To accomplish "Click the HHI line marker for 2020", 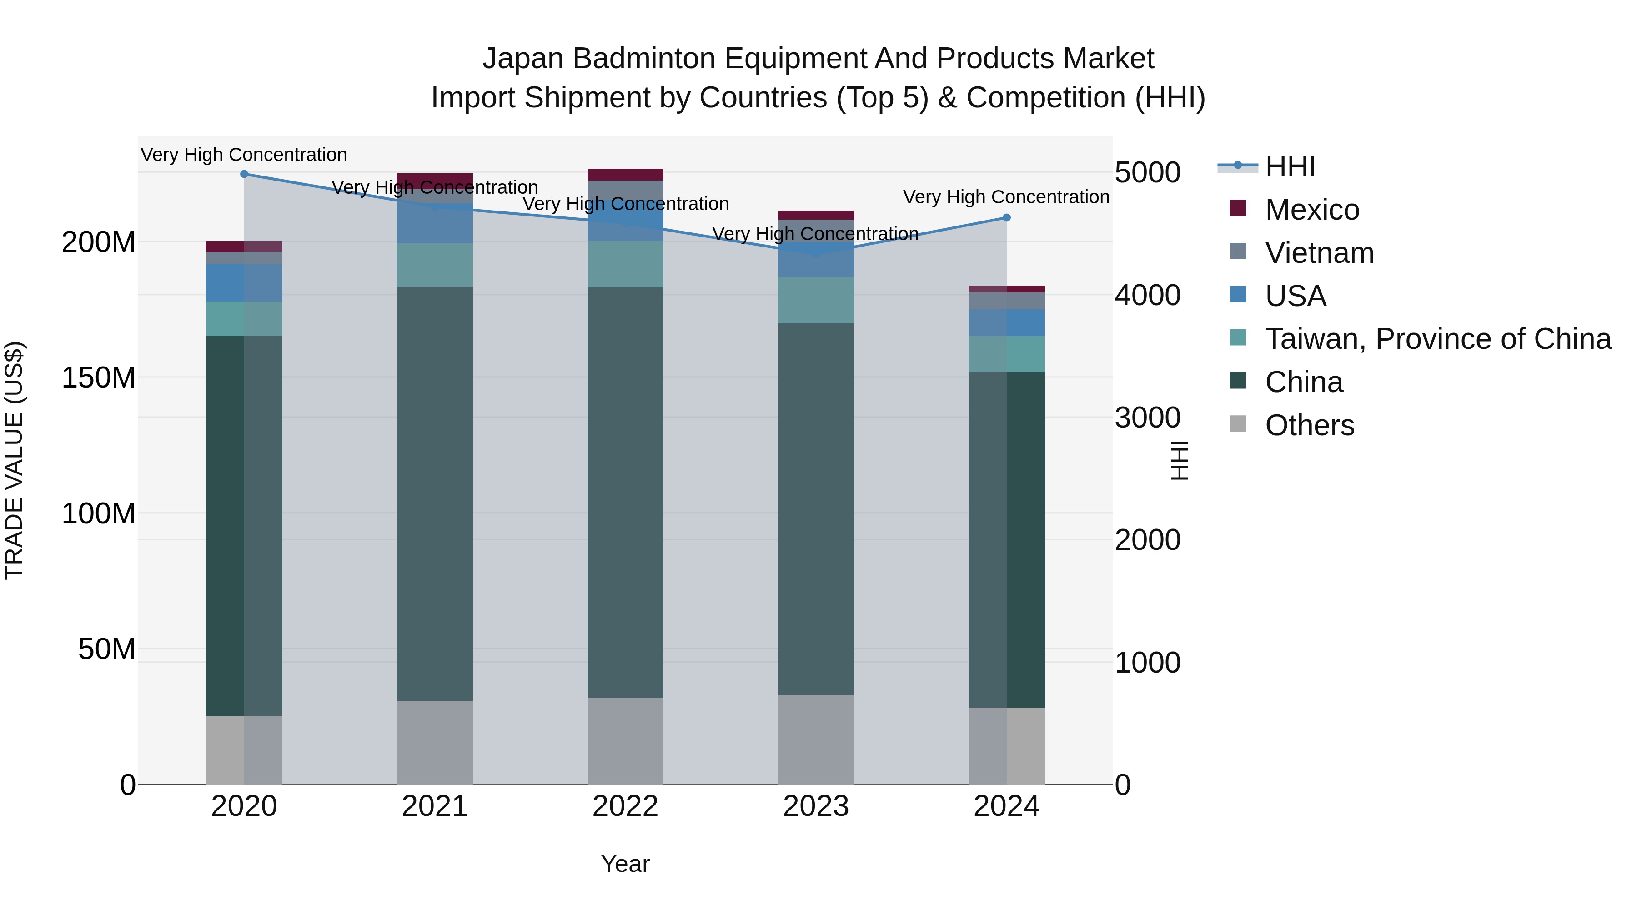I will tap(244, 174).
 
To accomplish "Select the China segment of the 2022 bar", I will tap(625, 493).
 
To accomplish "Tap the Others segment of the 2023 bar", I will tap(816, 739).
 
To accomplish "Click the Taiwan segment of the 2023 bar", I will tap(816, 300).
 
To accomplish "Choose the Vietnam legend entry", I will tap(1319, 253).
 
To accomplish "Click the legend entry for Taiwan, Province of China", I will tap(1437, 339).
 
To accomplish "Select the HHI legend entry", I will tap(1290, 166).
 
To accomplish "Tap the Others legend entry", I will tap(1309, 425).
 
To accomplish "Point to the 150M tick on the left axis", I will tap(99, 377).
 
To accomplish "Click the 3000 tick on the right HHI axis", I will tap(1147, 418).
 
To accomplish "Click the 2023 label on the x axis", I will tap(816, 806).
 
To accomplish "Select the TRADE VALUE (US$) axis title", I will tap(14, 460).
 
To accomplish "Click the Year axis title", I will tap(625, 864).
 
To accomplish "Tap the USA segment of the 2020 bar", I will tap(244, 283).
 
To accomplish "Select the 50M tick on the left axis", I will tap(107, 649).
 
